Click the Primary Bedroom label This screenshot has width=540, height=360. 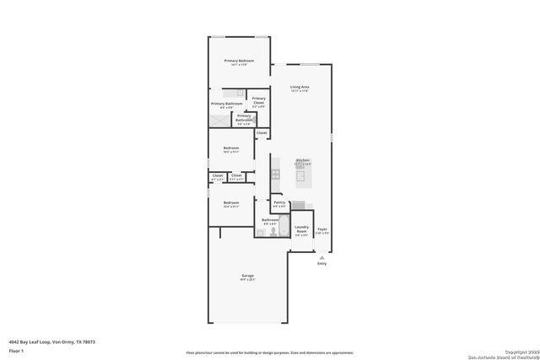[239, 62]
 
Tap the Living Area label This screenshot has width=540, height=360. [300, 87]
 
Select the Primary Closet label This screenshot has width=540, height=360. [258, 100]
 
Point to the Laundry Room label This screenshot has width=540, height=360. [301, 229]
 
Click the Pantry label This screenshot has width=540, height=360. [279, 202]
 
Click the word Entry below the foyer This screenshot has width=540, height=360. [321, 264]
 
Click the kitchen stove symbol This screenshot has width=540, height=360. [275, 175]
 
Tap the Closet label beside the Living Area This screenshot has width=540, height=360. [262, 132]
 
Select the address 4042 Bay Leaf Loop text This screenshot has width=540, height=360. [46, 341]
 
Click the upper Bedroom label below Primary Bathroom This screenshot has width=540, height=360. [231, 148]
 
